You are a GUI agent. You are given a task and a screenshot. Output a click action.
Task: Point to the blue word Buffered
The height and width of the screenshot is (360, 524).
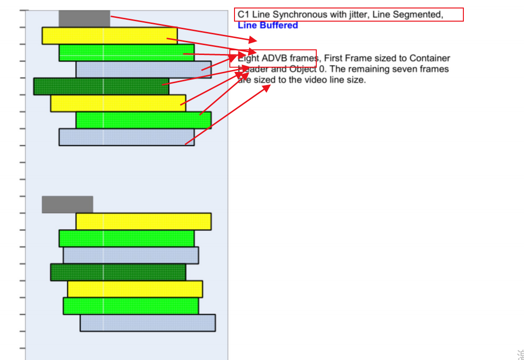pyautogui.click(x=280, y=25)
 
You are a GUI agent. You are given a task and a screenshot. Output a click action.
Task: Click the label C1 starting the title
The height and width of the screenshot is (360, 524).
pyautogui.click(x=243, y=15)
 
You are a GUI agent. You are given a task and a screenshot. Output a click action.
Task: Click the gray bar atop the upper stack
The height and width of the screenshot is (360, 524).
pyautogui.click(x=84, y=18)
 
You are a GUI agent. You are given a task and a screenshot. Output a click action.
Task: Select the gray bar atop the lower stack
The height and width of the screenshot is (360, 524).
pyautogui.click(x=67, y=204)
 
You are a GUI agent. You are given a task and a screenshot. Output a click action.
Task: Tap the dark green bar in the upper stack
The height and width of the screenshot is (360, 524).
pyautogui.click(x=101, y=86)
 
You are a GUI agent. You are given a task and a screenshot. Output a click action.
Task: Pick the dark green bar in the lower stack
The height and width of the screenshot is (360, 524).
pyautogui.click(x=118, y=272)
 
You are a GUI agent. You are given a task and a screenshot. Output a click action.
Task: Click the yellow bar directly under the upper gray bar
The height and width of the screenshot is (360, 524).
pyautogui.click(x=109, y=36)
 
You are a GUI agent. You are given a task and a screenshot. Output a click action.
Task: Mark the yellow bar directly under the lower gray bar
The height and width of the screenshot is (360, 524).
pyautogui.click(x=143, y=221)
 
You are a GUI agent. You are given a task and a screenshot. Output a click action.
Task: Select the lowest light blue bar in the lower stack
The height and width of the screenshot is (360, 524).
pyautogui.click(x=148, y=323)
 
